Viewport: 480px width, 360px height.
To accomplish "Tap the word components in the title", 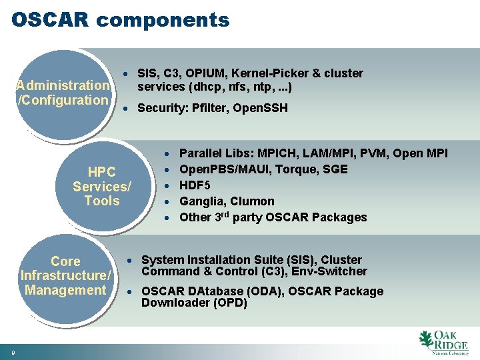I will [x=163, y=21].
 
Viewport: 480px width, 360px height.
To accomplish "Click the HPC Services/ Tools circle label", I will [x=102, y=186].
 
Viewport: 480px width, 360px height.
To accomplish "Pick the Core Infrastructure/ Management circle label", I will [x=65, y=275].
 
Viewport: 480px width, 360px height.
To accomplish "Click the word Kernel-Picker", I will [x=267, y=73].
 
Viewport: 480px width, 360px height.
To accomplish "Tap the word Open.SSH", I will [x=261, y=108].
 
